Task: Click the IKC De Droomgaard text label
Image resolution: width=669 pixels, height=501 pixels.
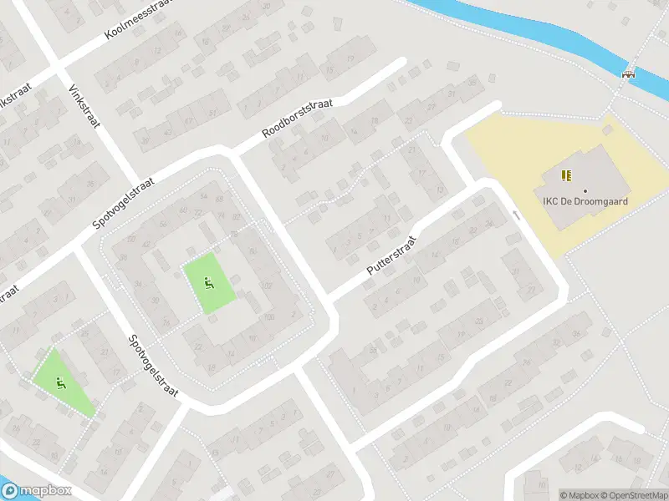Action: point(585,201)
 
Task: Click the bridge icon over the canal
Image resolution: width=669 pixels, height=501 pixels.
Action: point(628,73)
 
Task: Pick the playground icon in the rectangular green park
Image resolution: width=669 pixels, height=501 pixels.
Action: point(208,283)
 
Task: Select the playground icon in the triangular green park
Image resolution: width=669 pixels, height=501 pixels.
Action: point(59,383)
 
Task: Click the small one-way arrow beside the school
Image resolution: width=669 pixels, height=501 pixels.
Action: point(516,215)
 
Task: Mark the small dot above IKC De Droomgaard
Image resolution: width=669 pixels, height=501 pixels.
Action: point(585,191)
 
